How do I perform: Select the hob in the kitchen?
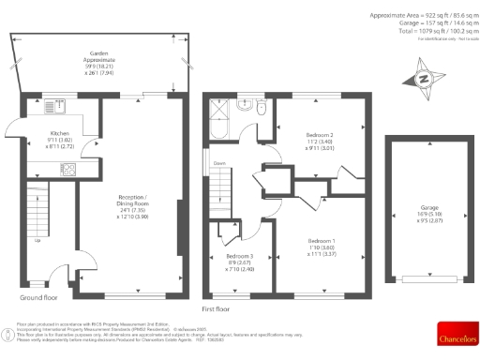pyautogui.click(x=68, y=170)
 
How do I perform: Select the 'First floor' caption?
pyautogui.click(x=216, y=307)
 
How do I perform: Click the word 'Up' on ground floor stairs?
pyautogui.click(x=37, y=241)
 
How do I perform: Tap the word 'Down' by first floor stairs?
pyautogui.click(x=218, y=164)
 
